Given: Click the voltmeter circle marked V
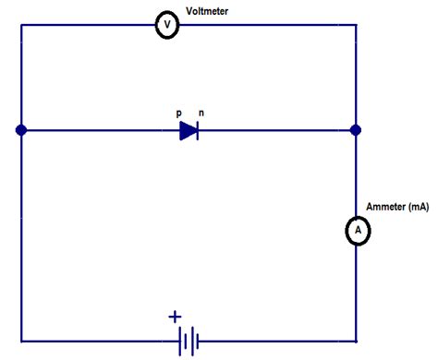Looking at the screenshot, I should (166, 26).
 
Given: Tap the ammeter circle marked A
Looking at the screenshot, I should (356, 231).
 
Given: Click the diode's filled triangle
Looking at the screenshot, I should (188, 131).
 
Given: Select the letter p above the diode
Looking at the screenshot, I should (178, 112).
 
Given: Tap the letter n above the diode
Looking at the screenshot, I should (201, 112).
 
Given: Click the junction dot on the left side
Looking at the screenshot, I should (20, 131).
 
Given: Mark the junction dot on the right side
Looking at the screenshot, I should (356, 131).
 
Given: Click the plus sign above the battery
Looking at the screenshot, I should (175, 317).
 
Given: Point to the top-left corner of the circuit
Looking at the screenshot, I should (20, 26).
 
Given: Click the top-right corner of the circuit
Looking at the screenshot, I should (356, 26).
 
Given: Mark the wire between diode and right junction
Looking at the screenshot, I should (277, 131).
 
